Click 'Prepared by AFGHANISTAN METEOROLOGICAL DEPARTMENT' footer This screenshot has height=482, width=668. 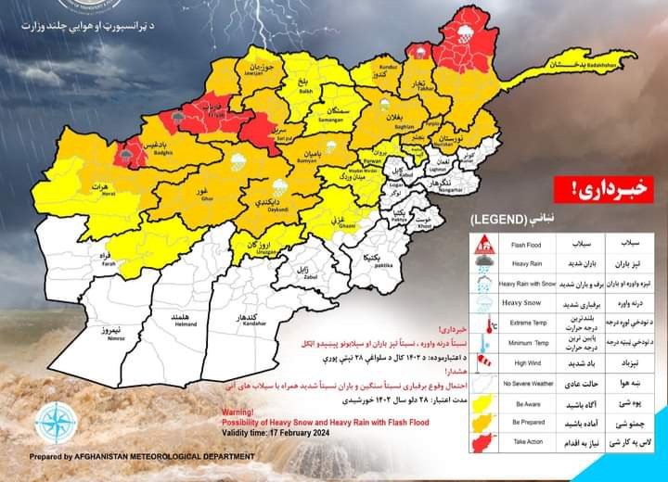tap(130, 456)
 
